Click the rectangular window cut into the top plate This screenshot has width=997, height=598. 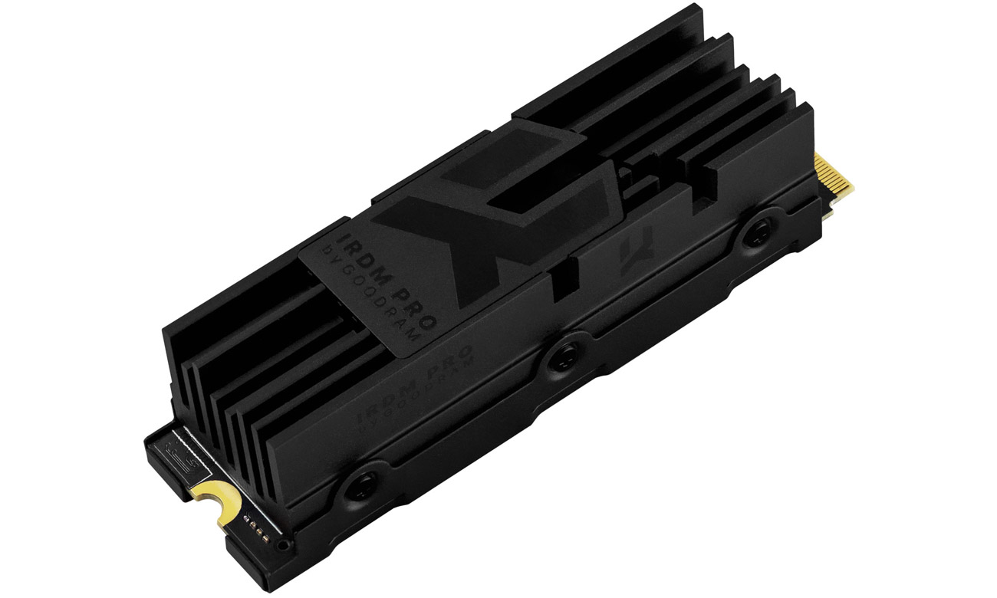(x=553, y=179)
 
